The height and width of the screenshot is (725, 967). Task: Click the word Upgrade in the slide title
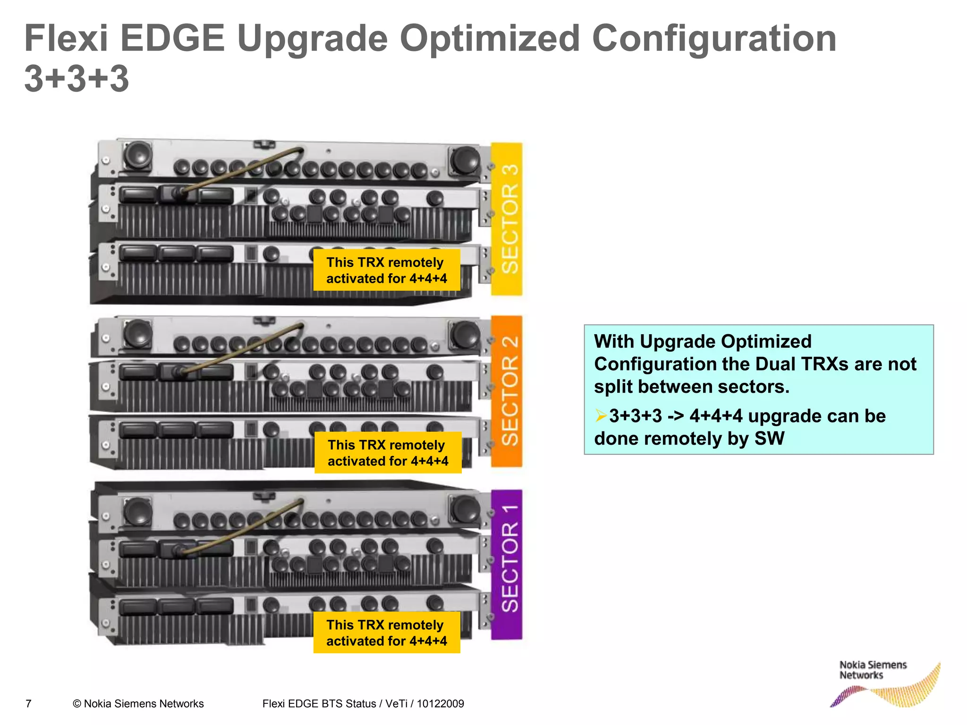coord(312,39)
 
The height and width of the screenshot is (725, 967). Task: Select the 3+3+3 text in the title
coord(76,78)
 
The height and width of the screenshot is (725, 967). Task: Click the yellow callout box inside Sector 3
coord(387,270)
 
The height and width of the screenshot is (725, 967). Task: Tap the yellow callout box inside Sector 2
coord(388,453)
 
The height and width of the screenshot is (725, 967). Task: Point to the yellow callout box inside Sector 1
coord(387,632)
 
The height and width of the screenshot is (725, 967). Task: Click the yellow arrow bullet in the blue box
coord(601,416)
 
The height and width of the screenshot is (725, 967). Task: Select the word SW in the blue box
coord(769,438)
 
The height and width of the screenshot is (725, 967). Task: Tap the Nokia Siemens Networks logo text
coord(873,670)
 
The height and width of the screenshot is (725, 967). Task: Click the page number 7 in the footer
coord(28,704)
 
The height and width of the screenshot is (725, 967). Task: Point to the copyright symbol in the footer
coord(77,704)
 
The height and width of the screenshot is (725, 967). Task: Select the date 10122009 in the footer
coord(440,704)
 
